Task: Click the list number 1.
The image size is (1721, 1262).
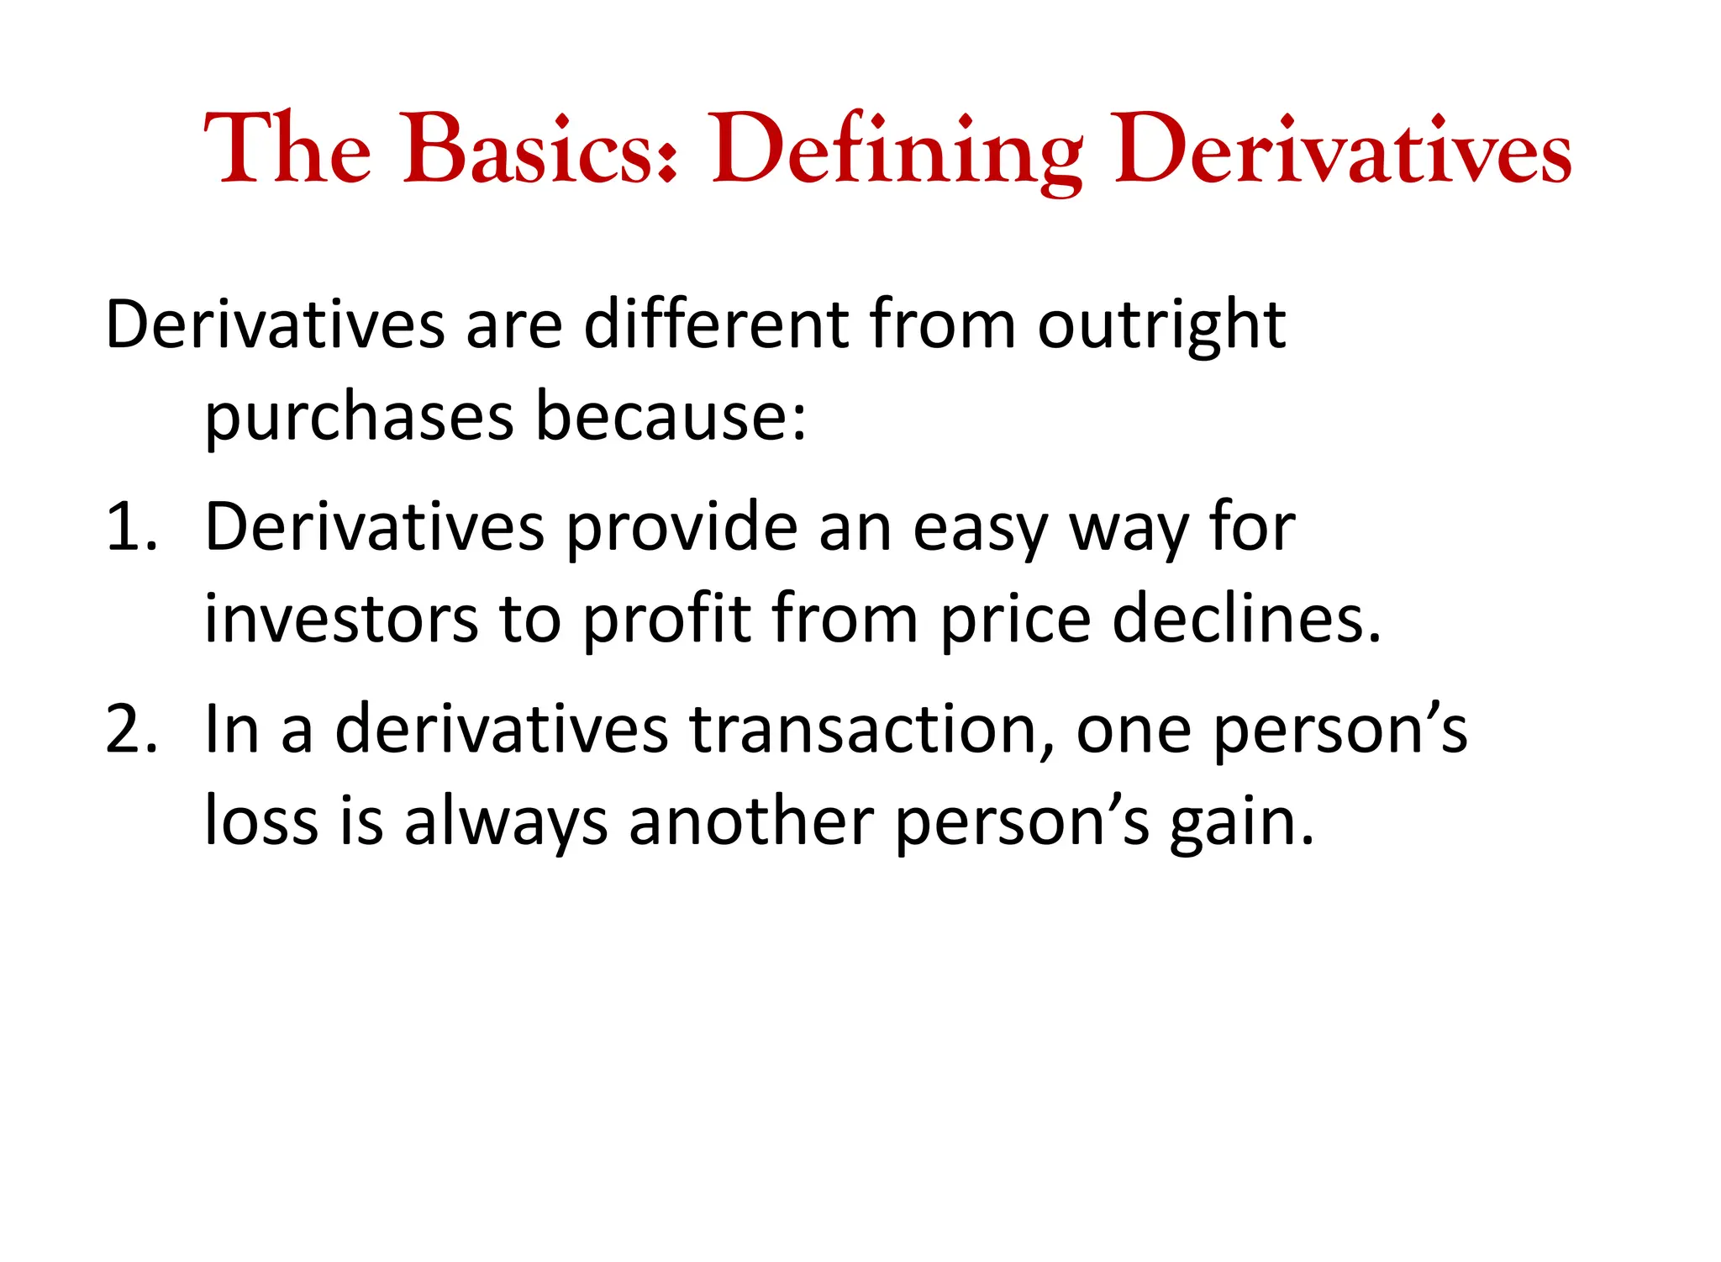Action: (x=130, y=527)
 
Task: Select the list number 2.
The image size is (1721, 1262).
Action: (x=131, y=729)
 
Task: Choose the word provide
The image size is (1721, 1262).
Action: (x=682, y=527)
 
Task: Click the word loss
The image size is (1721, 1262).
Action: (x=261, y=821)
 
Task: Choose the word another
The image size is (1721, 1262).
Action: (x=751, y=821)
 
